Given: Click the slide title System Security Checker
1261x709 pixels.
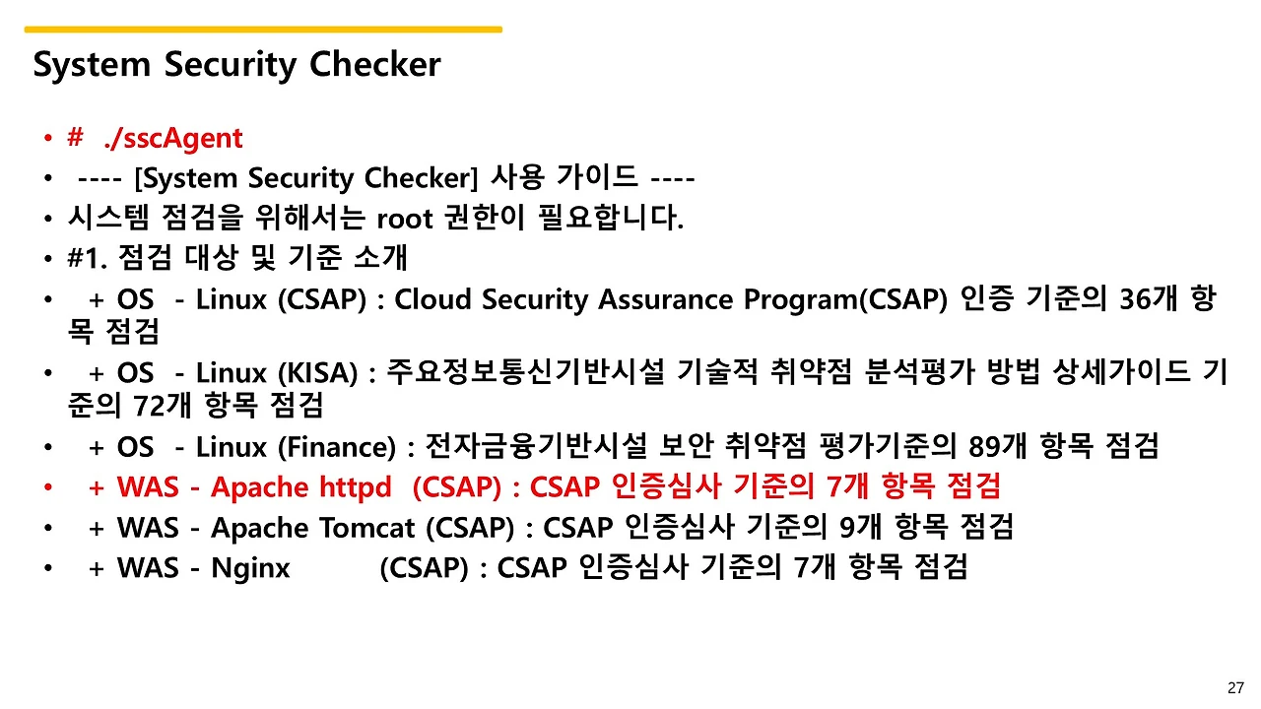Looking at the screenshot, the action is pyautogui.click(x=237, y=65).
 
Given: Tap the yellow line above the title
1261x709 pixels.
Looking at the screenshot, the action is pyautogui.click(x=263, y=30).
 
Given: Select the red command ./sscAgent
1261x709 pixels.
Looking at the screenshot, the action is pyautogui.click(x=173, y=139).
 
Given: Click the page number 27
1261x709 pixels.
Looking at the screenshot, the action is pyautogui.click(x=1235, y=687).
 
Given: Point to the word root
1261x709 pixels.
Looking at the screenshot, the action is pyautogui.click(x=405, y=219).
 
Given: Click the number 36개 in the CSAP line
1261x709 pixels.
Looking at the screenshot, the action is pyautogui.click(x=1148, y=298).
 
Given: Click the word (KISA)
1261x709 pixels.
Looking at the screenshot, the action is pyautogui.click(x=317, y=373).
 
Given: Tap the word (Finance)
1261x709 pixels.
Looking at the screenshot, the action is pyautogui.click(x=337, y=448).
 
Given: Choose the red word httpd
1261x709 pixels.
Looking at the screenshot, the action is pyautogui.click(x=356, y=486).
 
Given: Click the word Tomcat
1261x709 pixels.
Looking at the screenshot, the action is pyautogui.click(x=367, y=528).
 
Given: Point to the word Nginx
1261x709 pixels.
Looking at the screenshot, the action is pyautogui.click(x=250, y=568).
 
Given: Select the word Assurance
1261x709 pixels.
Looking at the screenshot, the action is pyautogui.click(x=665, y=298).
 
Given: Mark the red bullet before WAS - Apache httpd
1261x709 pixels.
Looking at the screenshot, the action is pyautogui.click(x=48, y=487).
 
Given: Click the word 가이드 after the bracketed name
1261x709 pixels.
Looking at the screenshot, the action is pyautogui.click(x=597, y=177).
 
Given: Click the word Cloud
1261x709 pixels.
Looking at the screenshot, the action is pyautogui.click(x=432, y=298).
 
